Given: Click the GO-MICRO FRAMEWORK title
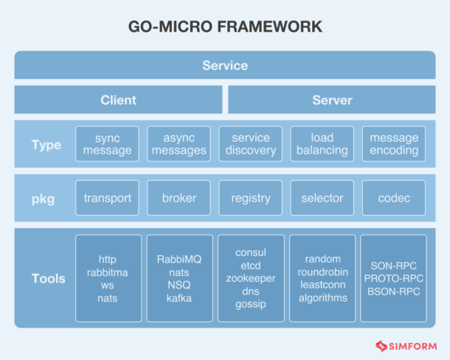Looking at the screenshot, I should click(225, 27).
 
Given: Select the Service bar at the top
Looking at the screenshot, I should click(225, 66).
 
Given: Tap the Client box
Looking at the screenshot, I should click(118, 100).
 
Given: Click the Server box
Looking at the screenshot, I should click(332, 100).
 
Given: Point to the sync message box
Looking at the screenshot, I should click(107, 144).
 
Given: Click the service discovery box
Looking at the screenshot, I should click(250, 144).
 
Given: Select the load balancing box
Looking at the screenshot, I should click(322, 144).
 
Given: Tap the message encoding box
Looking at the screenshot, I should click(393, 144).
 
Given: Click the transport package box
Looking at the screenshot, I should click(107, 198).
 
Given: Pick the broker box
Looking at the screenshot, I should click(179, 198).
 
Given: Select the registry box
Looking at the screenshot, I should click(250, 198).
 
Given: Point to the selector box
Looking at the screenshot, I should click(322, 198).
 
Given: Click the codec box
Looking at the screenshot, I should click(393, 198).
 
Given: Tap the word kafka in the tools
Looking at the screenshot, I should click(179, 298).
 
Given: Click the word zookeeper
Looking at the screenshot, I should click(250, 278).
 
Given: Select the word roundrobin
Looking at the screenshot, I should click(322, 272).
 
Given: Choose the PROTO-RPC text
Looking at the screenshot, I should click(393, 278).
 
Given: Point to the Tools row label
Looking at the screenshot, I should click(48, 278).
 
